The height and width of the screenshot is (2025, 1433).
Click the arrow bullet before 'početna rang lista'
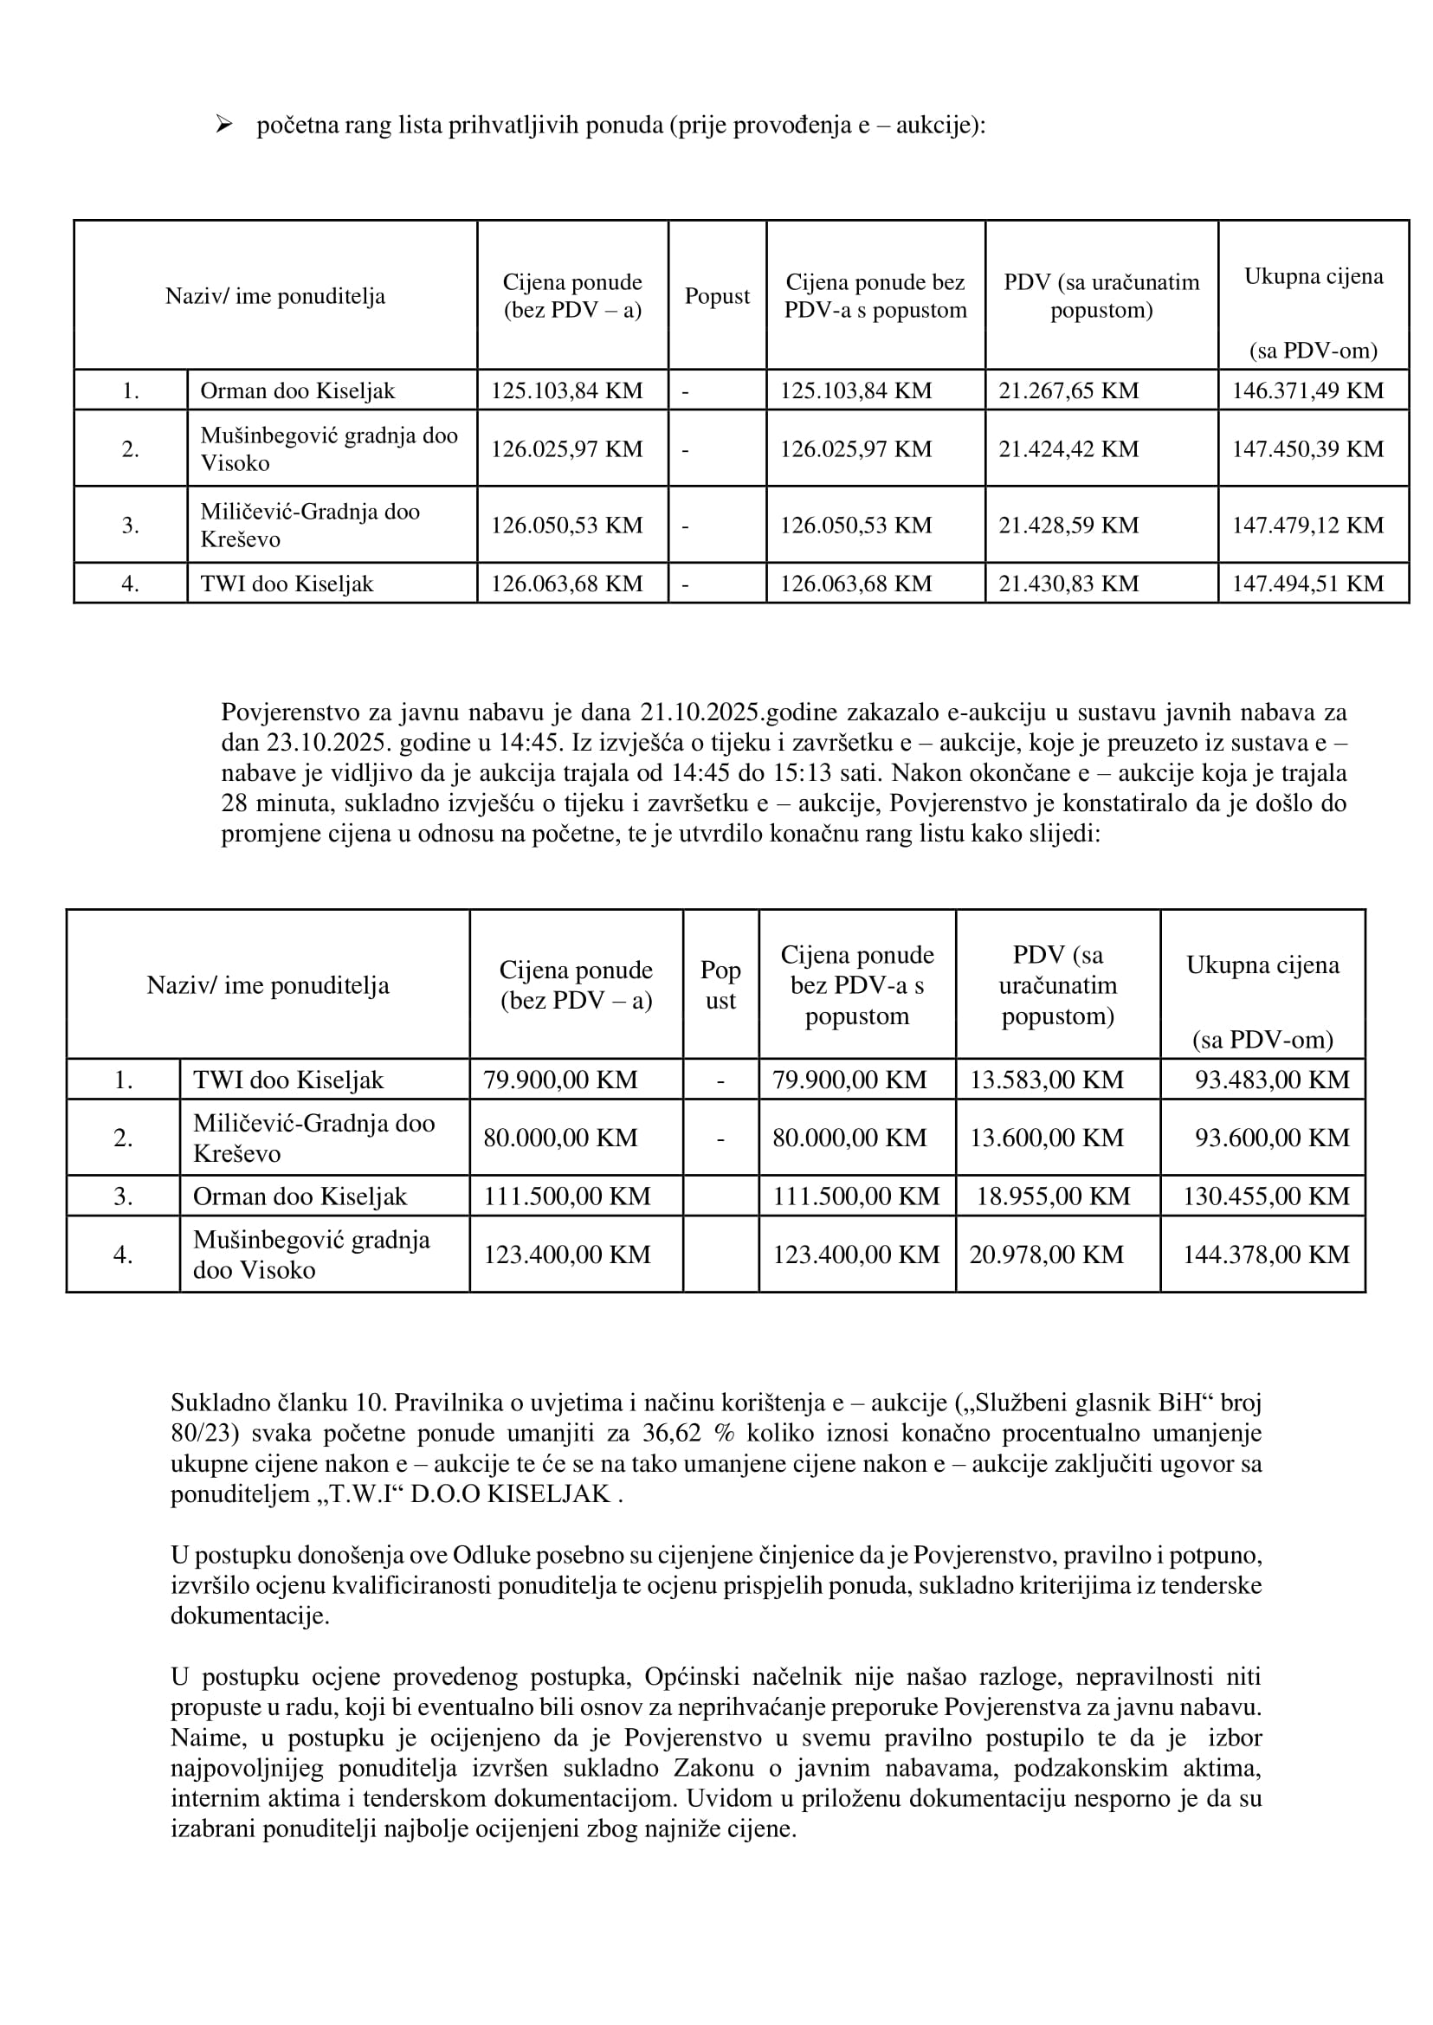pos(223,125)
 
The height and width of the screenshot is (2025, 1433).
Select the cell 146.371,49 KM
pos(1307,390)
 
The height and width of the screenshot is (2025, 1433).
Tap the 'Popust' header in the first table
pos(717,295)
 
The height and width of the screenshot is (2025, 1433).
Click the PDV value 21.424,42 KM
pos(1068,448)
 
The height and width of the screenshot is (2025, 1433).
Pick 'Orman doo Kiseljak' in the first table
pos(297,390)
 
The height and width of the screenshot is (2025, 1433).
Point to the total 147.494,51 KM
pos(1307,584)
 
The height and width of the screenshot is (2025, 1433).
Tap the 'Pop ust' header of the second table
pos(720,984)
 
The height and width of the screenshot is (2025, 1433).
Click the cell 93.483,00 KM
pos(1272,1079)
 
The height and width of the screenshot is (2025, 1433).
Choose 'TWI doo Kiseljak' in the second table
pos(288,1079)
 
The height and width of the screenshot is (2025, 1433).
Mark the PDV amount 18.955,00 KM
pos(1053,1196)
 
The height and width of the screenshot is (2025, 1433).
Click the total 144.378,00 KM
pos(1265,1254)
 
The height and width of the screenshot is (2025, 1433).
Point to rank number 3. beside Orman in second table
pos(123,1196)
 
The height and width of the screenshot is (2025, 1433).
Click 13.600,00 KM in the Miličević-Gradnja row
pos(1047,1138)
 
